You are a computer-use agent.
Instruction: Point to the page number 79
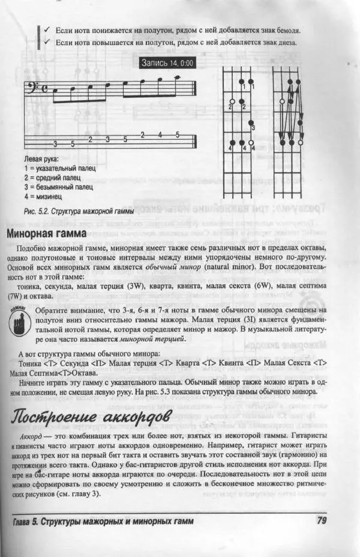click(x=319, y=520)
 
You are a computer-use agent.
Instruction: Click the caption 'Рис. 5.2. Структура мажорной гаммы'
click(x=78, y=212)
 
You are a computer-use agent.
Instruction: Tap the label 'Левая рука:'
click(x=41, y=160)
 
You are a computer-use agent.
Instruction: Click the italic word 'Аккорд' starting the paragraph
click(x=31, y=437)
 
